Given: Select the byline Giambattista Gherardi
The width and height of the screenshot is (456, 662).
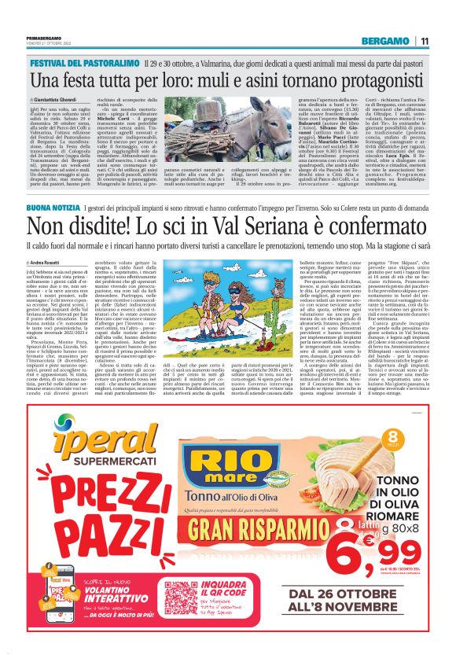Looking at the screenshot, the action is pyautogui.click(x=56, y=101).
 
